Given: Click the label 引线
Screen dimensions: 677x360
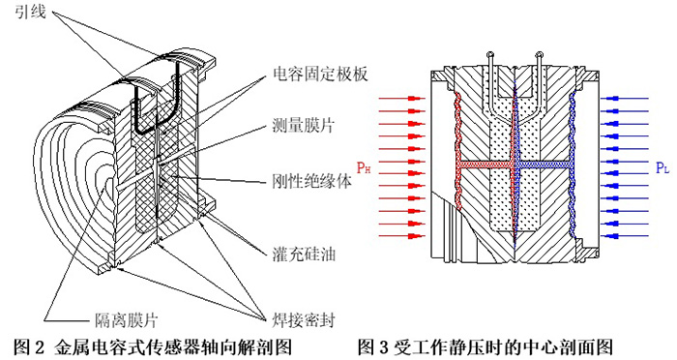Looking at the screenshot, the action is (x=30, y=11).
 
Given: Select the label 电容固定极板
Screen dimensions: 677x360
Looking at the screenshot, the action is (x=320, y=75).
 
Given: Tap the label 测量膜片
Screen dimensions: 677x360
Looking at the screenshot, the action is (x=303, y=126).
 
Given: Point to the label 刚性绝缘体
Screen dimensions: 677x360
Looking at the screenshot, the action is (x=311, y=180).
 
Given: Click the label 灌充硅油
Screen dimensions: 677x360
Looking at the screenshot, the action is (x=304, y=254).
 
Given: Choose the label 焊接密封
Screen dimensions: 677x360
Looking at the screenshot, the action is (x=304, y=320).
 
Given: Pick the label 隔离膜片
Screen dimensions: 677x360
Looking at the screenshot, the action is (x=126, y=320).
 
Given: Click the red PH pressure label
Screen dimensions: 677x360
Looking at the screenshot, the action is (x=364, y=166).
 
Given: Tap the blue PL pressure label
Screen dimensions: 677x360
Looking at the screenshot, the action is (x=662, y=167).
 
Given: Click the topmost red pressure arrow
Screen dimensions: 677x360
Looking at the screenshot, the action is (x=402, y=99).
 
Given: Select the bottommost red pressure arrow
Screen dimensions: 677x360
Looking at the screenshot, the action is (x=402, y=236).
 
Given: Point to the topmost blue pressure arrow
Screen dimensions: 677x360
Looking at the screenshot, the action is (x=625, y=99).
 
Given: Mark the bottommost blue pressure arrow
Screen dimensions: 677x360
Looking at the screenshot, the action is (x=625, y=236).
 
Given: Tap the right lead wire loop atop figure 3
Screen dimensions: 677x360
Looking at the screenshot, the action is (x=539, y=55).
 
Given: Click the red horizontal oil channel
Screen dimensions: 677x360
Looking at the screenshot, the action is (x=485, y=165).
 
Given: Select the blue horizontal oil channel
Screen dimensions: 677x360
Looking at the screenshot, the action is (x=544, y=165).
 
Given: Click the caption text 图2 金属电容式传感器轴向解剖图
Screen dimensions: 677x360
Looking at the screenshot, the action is (x=154, y=346).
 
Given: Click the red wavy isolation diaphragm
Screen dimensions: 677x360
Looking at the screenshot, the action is (x=457, y=151).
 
